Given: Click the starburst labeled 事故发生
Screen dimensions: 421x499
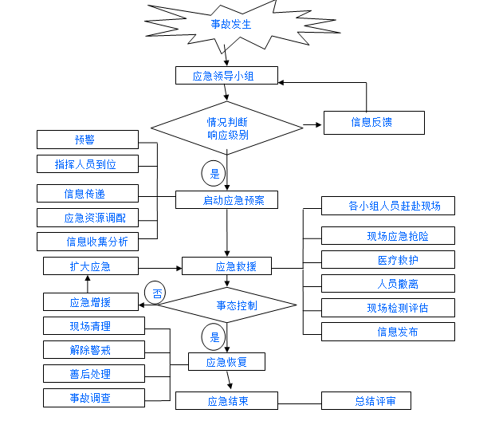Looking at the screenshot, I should click(x=230, y=25).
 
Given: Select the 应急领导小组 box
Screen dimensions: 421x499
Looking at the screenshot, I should click(x=226, y=76).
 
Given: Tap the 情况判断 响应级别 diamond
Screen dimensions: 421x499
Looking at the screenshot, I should click(x=227, y=128).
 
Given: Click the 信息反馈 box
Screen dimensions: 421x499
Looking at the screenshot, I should click(x=371, y=122).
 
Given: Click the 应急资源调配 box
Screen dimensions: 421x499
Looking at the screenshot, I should click(x=88, y=218).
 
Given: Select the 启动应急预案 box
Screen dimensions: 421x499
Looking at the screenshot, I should click(x=226, y=199).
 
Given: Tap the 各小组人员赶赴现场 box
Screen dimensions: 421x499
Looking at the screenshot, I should click(x=388, y=206).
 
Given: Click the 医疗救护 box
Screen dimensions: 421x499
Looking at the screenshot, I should click(x=388, y=260).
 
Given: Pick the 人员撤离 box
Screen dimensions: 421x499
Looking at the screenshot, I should click(x=388, y=283).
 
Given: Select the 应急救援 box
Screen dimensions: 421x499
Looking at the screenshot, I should click(x=227, y=266).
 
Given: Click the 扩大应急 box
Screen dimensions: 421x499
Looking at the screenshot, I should click(x=88, y=266).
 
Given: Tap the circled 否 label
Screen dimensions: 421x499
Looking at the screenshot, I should click(x=155, y=293).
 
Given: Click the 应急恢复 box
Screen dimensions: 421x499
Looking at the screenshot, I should click(x=227, y=362).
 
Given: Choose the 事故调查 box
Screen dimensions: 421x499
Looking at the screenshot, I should click(x=94, y=397).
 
